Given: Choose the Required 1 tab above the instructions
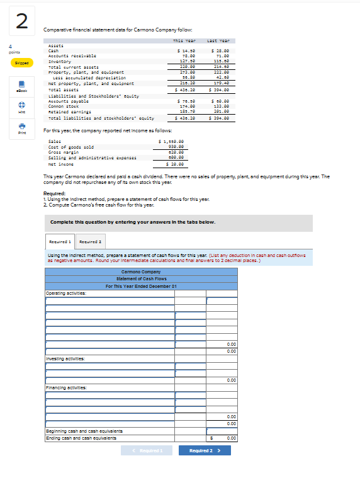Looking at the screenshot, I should click(x=60, y=241).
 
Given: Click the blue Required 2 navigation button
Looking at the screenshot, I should click(x=205, y=450).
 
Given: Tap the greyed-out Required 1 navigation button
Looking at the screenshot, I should click(x=147, y=450).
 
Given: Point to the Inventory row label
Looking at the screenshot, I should click(x=62, y=61).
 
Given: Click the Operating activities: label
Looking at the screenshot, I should click(x=67, y=293).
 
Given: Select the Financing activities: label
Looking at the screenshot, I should click(x=66, y=387).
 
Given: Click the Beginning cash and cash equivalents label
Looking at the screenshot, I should click(x=84, y=430).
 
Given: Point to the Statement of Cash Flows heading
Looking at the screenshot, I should click(x=141, y=278).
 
